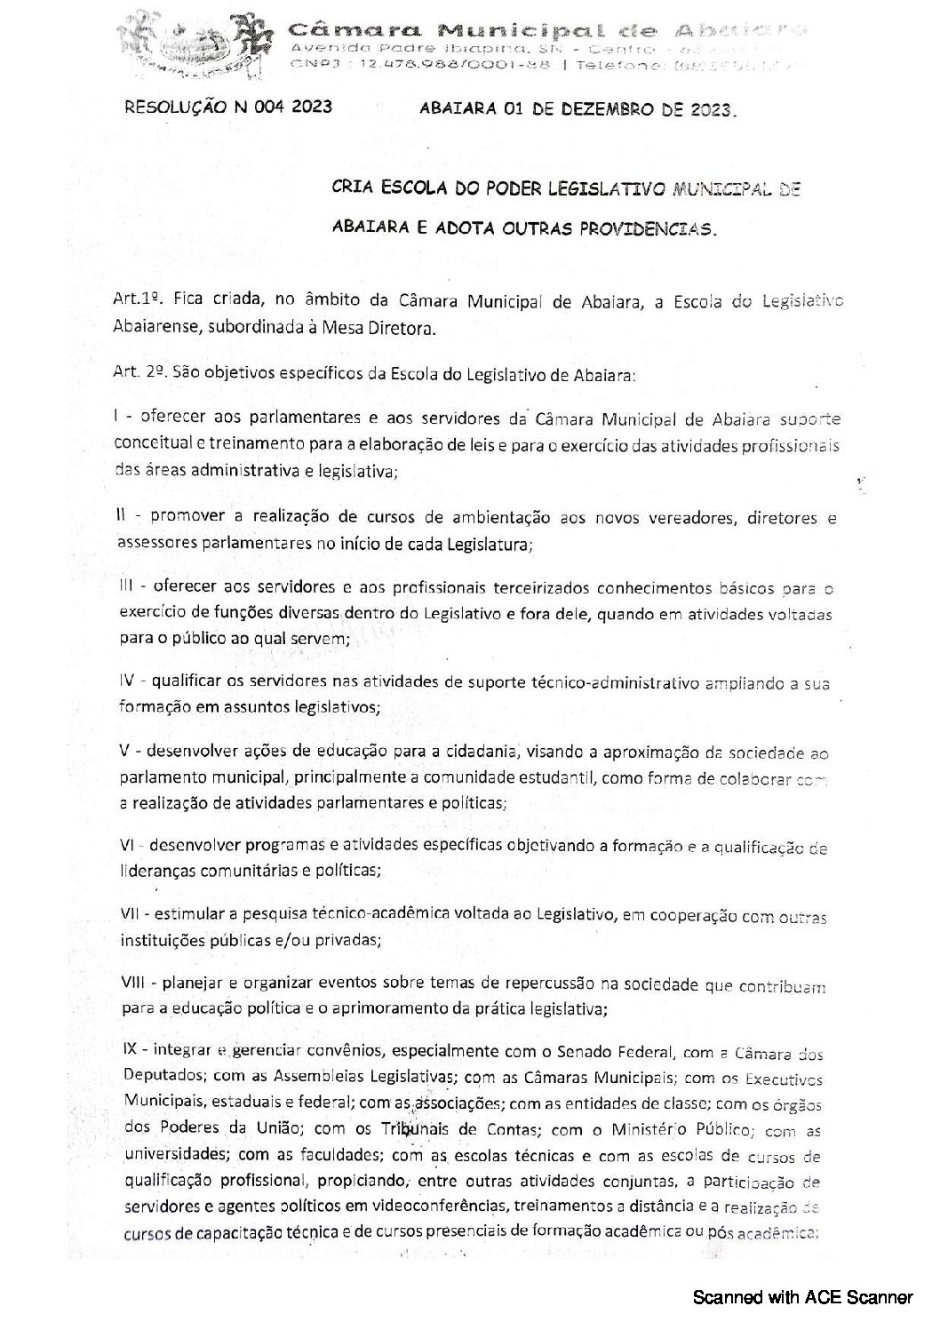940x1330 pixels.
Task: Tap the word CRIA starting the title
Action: pyautogui.click(x=349, y=189)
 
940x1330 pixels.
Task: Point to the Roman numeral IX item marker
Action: pyautogui.click(x=128, y=1052)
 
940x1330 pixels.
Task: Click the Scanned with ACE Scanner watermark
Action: pyautogui.click(x=803, y=1298)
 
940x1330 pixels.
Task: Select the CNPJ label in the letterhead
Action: pyautogui.click(x=309, y=65)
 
